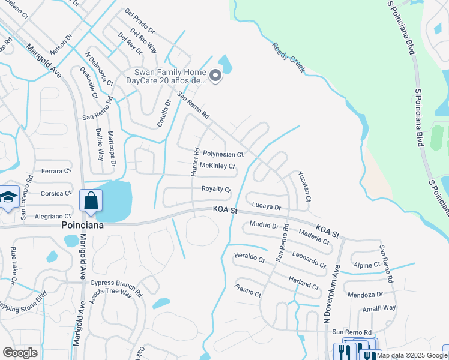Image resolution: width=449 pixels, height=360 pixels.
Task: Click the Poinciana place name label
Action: [82, 225]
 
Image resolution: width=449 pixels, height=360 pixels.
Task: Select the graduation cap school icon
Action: [8, 198]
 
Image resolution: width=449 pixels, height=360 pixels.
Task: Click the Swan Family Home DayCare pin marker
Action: [215, 76]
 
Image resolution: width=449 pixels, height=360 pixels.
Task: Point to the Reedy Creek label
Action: [288, 58]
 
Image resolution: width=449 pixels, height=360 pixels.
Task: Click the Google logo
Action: [20, 353]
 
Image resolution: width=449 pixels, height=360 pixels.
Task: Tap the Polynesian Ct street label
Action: [223, 154]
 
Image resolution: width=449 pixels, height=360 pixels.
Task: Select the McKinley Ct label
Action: [217, 166]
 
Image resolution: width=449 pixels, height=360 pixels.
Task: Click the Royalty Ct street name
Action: [216, 188]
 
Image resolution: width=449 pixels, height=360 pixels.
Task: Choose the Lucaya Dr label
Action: [267, 206]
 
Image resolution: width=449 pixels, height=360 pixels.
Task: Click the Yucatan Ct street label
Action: [304, 185]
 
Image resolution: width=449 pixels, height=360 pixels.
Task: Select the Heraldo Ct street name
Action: [249, 258]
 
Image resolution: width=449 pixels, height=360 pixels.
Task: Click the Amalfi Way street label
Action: [379, 308]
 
